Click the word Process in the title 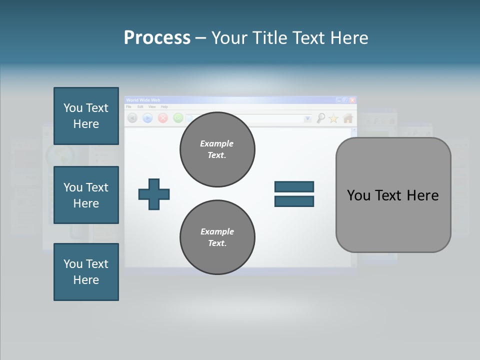pos(157,38)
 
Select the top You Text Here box pos(86,116)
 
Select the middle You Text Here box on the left pos(86,195)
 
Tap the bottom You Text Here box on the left pos(86,271)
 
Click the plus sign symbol pos(154,194)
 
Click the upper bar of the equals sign pos(294,187)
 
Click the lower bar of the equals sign pos(294,201)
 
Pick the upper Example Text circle pos(217,149)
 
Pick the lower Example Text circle pos(217,237)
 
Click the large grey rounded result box pos(393,195)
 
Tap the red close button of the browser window pos(352,100)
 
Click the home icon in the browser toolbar pos(348,118)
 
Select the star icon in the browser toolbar pos(333,118)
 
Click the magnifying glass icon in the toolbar pos(320,118)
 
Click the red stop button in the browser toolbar pos(162,118)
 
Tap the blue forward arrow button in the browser pos(147,118)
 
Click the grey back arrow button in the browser pos(132,118)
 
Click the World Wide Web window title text pos(143,100)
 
